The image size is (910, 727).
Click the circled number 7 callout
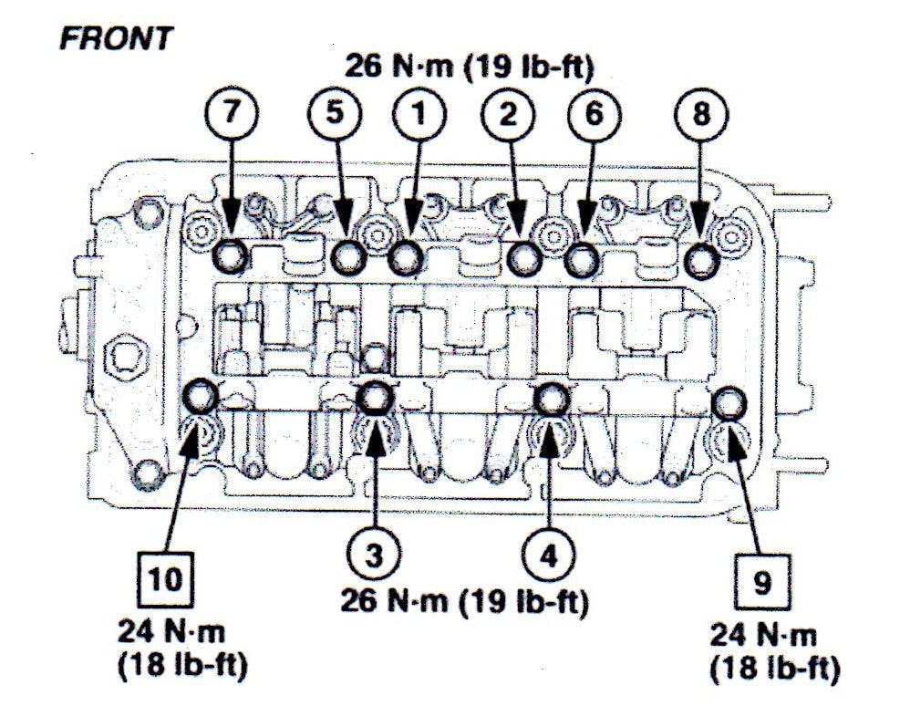(232, 114)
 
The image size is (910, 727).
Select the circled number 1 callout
(419, 114)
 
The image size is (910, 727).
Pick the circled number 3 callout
(372, 554)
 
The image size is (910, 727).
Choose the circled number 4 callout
(550, 554)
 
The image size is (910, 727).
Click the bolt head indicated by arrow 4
(550, 399)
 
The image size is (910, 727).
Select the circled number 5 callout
(334, 114)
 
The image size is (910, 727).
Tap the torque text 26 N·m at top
(401, 66)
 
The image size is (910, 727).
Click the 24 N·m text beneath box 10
(172, 630)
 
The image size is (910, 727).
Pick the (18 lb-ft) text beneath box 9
(774, 669)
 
